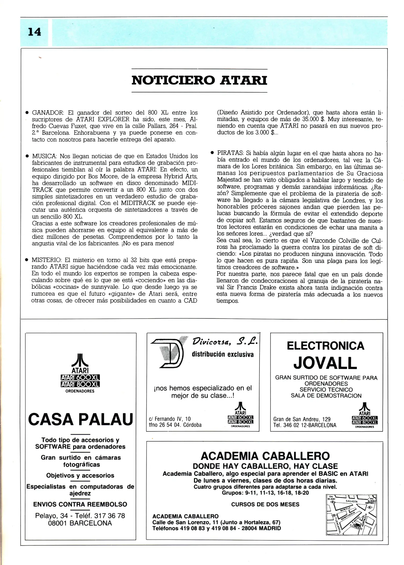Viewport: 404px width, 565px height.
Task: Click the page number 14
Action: click(34, 32)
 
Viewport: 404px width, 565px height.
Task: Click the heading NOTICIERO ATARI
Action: click(199, 80)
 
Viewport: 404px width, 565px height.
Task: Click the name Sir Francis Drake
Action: click(249, 288)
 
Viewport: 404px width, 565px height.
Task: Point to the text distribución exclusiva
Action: click(223, 355)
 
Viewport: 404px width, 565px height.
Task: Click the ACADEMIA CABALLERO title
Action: click(265, 456)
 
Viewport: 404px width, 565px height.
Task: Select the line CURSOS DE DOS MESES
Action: click(265, 504)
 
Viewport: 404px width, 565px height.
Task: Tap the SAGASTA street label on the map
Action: click(351, 501)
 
